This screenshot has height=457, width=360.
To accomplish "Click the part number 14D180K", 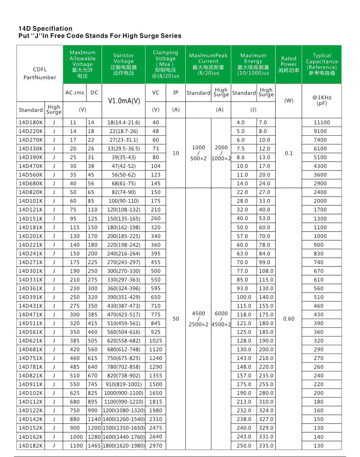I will click(x=31, y=122).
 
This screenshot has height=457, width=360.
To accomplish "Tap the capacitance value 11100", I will click(x=322, y=122).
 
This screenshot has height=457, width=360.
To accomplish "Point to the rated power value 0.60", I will click(x=289, y=319).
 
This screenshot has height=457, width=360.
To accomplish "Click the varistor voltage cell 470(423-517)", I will click(x=124, y=315).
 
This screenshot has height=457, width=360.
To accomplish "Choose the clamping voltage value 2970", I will click(x=155, y=446).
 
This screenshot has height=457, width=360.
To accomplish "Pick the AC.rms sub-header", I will click(x=75, y=92).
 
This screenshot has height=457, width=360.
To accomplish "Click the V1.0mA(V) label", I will click(x=124, y=101).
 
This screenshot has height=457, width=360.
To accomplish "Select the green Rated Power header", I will click(x=289, y=64).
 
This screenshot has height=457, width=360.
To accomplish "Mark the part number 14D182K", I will click(x=31, y=446).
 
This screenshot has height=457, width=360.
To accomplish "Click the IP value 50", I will click(x=176, y=319).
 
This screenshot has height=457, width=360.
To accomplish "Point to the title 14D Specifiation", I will click(x=45, y=28).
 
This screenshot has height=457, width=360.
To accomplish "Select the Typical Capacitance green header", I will click(x=322, y=64).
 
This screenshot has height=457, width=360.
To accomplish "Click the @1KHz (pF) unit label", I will click(x=322, y=100).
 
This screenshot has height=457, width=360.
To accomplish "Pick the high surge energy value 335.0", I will click(x=266, y=446).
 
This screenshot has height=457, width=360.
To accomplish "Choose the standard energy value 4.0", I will click(x=241, y=122).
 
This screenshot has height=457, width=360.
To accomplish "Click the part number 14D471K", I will click(x=31, y=315).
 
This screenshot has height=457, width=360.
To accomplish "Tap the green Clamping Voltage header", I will click(x=165, y=64).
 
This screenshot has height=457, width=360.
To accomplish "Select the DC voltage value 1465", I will click(x=94, y=446).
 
